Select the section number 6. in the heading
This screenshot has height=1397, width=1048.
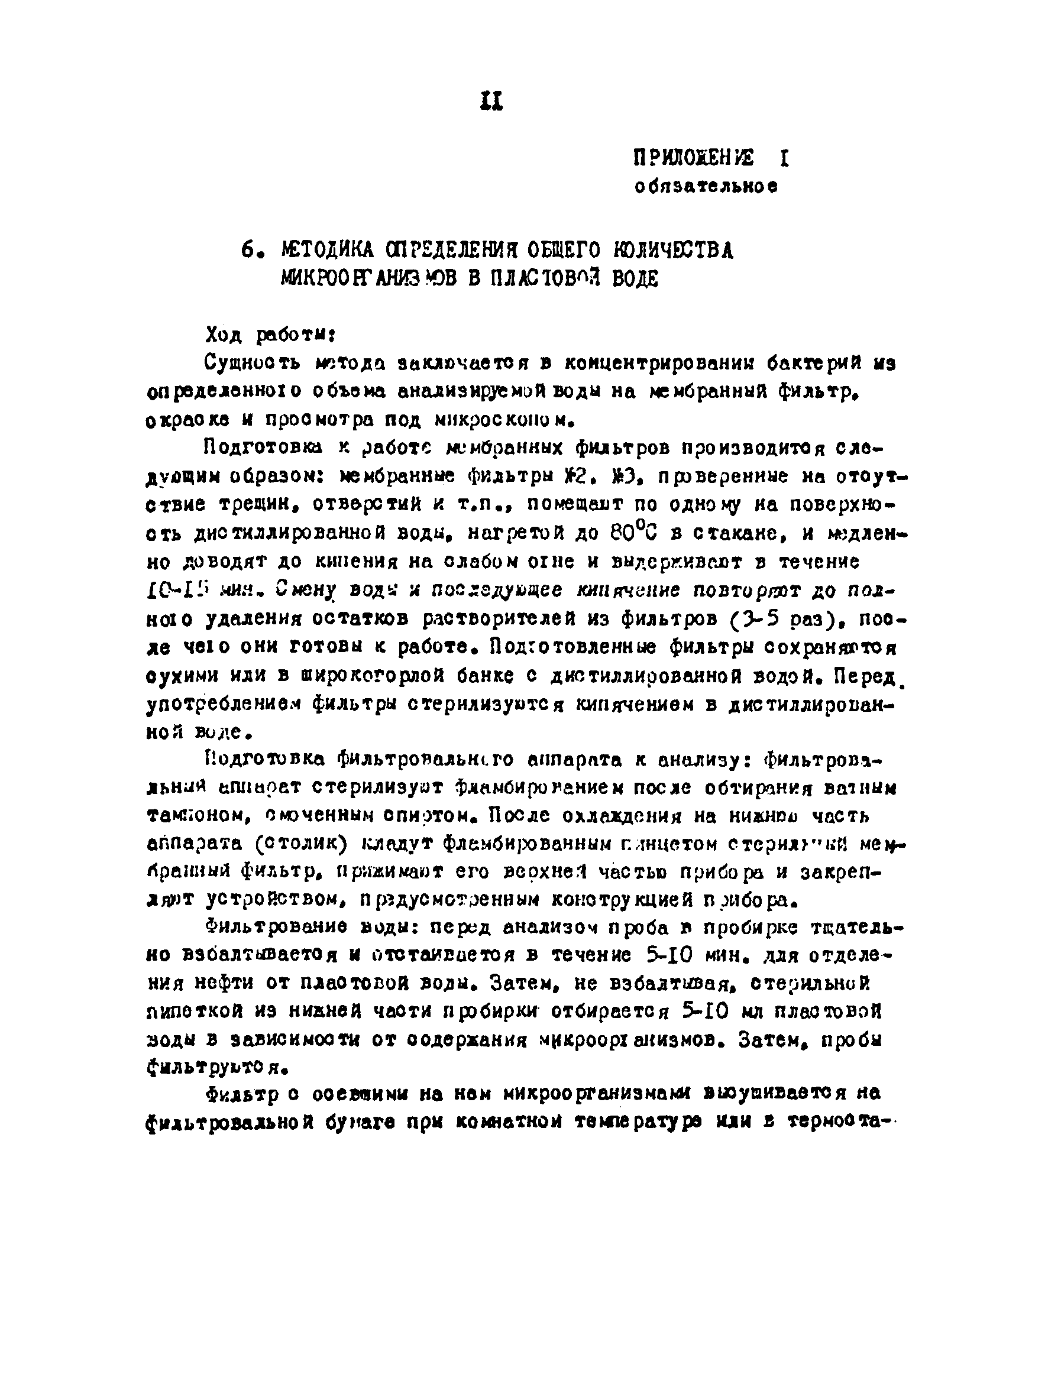251,251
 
